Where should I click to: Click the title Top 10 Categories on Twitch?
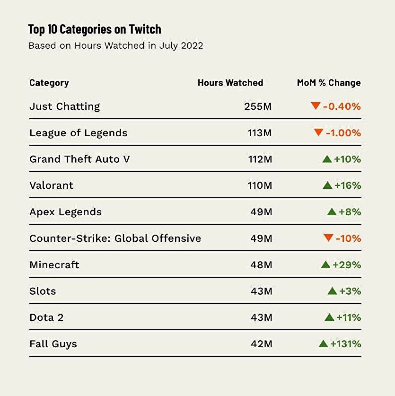(x=95, y=29)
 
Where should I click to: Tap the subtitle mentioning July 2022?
(x=116, y=46)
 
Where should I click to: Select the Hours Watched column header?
(x=230, y=83)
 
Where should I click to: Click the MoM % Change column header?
(x=328, y=83)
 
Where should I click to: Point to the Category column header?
(x=49, y=83)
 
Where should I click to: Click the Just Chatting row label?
(x=64, y=106)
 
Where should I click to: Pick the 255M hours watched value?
(x=258, y=106)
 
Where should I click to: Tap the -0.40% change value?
(x=342, y=106)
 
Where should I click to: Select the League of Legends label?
(x=78, y=133)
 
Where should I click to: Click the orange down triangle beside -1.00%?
(x=318, y=132)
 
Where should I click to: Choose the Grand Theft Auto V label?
(x=79, y=159)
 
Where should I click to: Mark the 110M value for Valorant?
(x=260, y=185)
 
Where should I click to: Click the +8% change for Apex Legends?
(x=350, y=212)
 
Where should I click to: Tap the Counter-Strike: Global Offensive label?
(x=115, y=238)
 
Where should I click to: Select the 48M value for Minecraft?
(x=261, y=265)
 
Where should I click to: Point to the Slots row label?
(x=43, y=291)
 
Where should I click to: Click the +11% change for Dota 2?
(x=348, y=317)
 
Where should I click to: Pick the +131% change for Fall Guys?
(x=345, y=344)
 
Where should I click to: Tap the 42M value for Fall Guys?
(x=261, y=344)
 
